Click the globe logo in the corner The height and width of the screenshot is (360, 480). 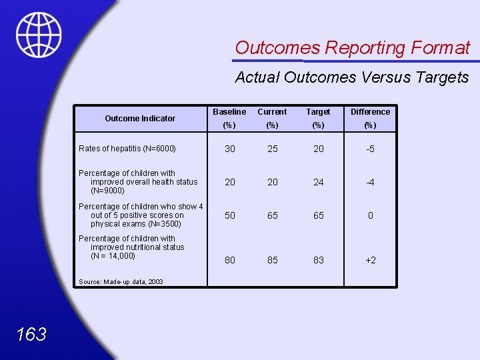click(x=39, y=35)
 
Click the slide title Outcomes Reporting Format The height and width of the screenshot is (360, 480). click(x=352, y=48)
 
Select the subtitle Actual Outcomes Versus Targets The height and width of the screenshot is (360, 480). click(x=352, y=77)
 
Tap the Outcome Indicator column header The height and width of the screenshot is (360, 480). click(x=140, y=119)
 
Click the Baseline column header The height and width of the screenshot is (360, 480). click(x=229, y=112)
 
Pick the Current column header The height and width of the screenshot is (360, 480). click(x=272, y=112)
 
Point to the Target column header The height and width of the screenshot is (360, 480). click(x=318, y=112)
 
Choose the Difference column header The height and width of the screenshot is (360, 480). click(x=370, y=112)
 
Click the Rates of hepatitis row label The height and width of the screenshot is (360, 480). click(x=127, y=149)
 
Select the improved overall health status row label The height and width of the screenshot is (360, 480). click(x=138, y=182)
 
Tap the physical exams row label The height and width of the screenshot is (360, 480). click(x=141, y=215)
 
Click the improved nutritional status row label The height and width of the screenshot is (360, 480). click(x=131, y=247)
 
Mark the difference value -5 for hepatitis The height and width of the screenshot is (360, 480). click(x=370, y=149)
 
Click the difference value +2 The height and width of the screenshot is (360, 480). click(x=370, y=260)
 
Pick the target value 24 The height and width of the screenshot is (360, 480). click(x=318, y=182)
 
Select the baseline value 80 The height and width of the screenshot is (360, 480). click(x=229, y=260)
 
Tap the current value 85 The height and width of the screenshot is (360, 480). click(x=272, y=260)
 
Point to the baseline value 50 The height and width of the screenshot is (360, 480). click(x=229, y=215)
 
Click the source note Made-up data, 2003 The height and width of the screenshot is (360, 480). click(x=121, y=282)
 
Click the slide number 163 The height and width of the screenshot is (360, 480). click(x=31, y=334)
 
